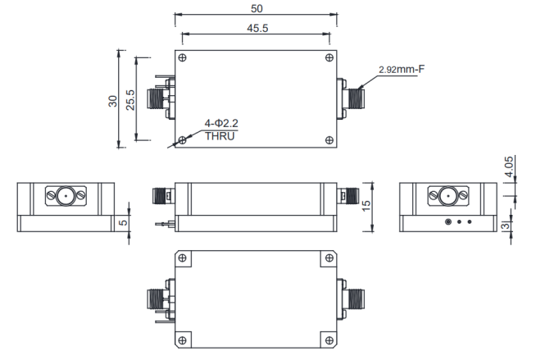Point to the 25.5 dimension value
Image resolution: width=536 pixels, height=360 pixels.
129,98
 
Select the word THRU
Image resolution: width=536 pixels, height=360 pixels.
220,136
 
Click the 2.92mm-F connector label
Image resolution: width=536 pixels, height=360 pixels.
401,69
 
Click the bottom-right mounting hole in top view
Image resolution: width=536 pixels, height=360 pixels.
329,139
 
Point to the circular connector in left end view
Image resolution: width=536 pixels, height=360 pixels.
64,197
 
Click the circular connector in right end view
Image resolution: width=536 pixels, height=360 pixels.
447,197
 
